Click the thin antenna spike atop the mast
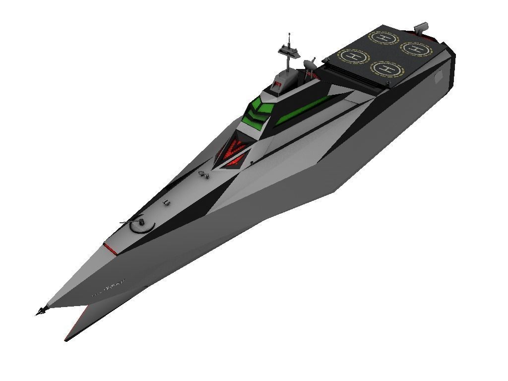[x=289, y=38]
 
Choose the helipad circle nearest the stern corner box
[x=416, y=48]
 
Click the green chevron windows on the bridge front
[x=258, y=111]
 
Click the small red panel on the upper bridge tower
[x=277, y=85]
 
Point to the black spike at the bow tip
[x=40, y=311]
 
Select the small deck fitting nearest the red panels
[x=202, y=174]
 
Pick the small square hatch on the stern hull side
[x=438, y=77]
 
